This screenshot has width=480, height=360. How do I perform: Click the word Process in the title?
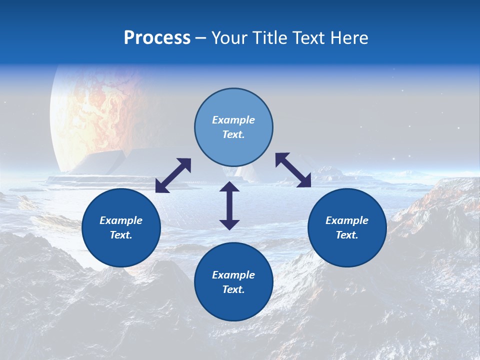(x=157, y=38)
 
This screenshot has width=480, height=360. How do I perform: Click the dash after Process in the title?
(x=201, y=38)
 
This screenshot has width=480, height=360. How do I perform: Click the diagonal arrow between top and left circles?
(x=173, y=175)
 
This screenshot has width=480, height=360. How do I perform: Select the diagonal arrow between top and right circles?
(x=293, y=170)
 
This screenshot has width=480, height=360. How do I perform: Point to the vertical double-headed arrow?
(x=229, y=205)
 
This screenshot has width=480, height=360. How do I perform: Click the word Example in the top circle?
(x=233, y=120)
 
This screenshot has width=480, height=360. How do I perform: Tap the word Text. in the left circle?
(x=121, y=235)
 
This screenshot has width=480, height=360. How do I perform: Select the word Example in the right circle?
(x=347, y=220)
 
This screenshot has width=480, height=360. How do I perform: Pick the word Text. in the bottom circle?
(x=233, y=289)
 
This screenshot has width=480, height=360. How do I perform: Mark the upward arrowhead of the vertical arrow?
(x=229, y=186)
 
